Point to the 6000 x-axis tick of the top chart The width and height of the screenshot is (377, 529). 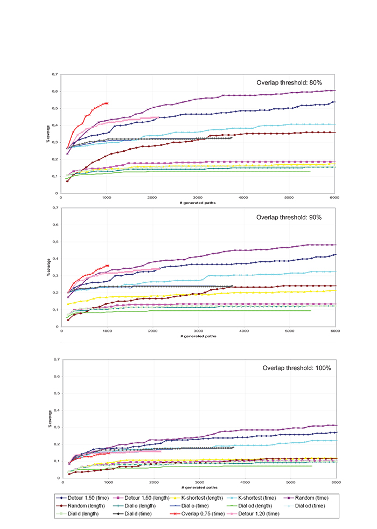pyautogui.click(x=334, y=198)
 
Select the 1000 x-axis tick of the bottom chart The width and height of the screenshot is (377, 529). pyautogui.click(x=108, y=483)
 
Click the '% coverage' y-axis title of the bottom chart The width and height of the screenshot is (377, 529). pyautogui.click(x=48, y=419)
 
